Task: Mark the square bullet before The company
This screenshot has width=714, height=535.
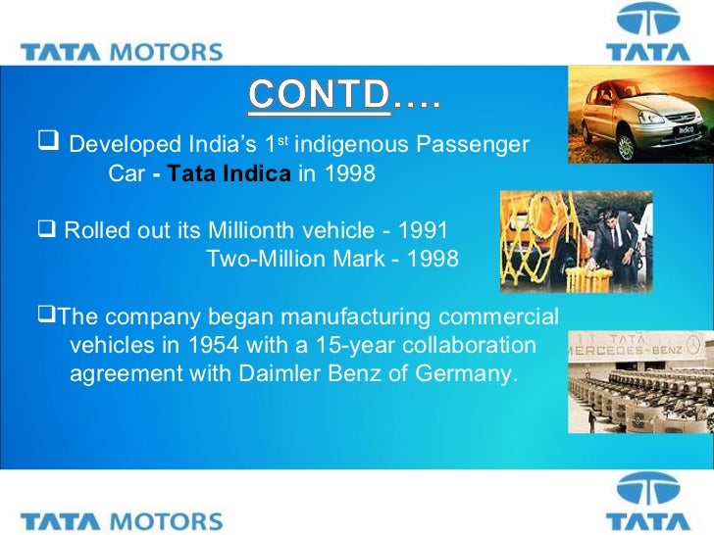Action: coord(46,316)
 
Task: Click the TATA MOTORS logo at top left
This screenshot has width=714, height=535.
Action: coord(121,51)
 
